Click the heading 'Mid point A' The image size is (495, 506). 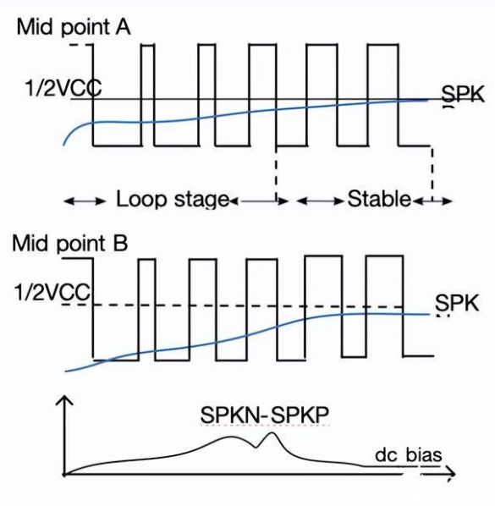[x=74, y=27]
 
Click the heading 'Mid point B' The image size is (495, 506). [x=70, y=243]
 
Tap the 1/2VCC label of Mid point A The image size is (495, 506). [x=63, y=88]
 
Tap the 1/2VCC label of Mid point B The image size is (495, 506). [x=52, y=293]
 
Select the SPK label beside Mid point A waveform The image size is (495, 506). [x=463, y=94]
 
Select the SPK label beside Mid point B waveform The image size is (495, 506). [x=457, y=303]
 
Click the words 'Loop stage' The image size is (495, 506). [x=173, y=199]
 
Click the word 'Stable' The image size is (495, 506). [x=379, y=199]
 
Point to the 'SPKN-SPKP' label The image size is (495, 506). [x=265, y=415]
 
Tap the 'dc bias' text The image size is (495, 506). [x=409, y=455]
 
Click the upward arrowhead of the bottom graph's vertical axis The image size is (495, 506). [x=65, y=399]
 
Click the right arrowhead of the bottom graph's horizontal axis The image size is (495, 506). [x=450, y=474]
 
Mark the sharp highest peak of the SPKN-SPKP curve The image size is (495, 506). [x=272, y=432]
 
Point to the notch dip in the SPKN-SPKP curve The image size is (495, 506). [x=256, y=448]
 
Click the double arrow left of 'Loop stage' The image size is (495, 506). [x=85, y=201]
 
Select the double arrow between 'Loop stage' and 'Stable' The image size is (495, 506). [x=259, y=201]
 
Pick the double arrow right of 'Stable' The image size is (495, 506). [x=432, y=201]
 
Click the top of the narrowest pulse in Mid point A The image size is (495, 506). [x=148, y=45]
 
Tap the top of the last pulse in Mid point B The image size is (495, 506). [x=385, y=256]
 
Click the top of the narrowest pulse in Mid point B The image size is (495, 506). [x=147, y=259]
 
